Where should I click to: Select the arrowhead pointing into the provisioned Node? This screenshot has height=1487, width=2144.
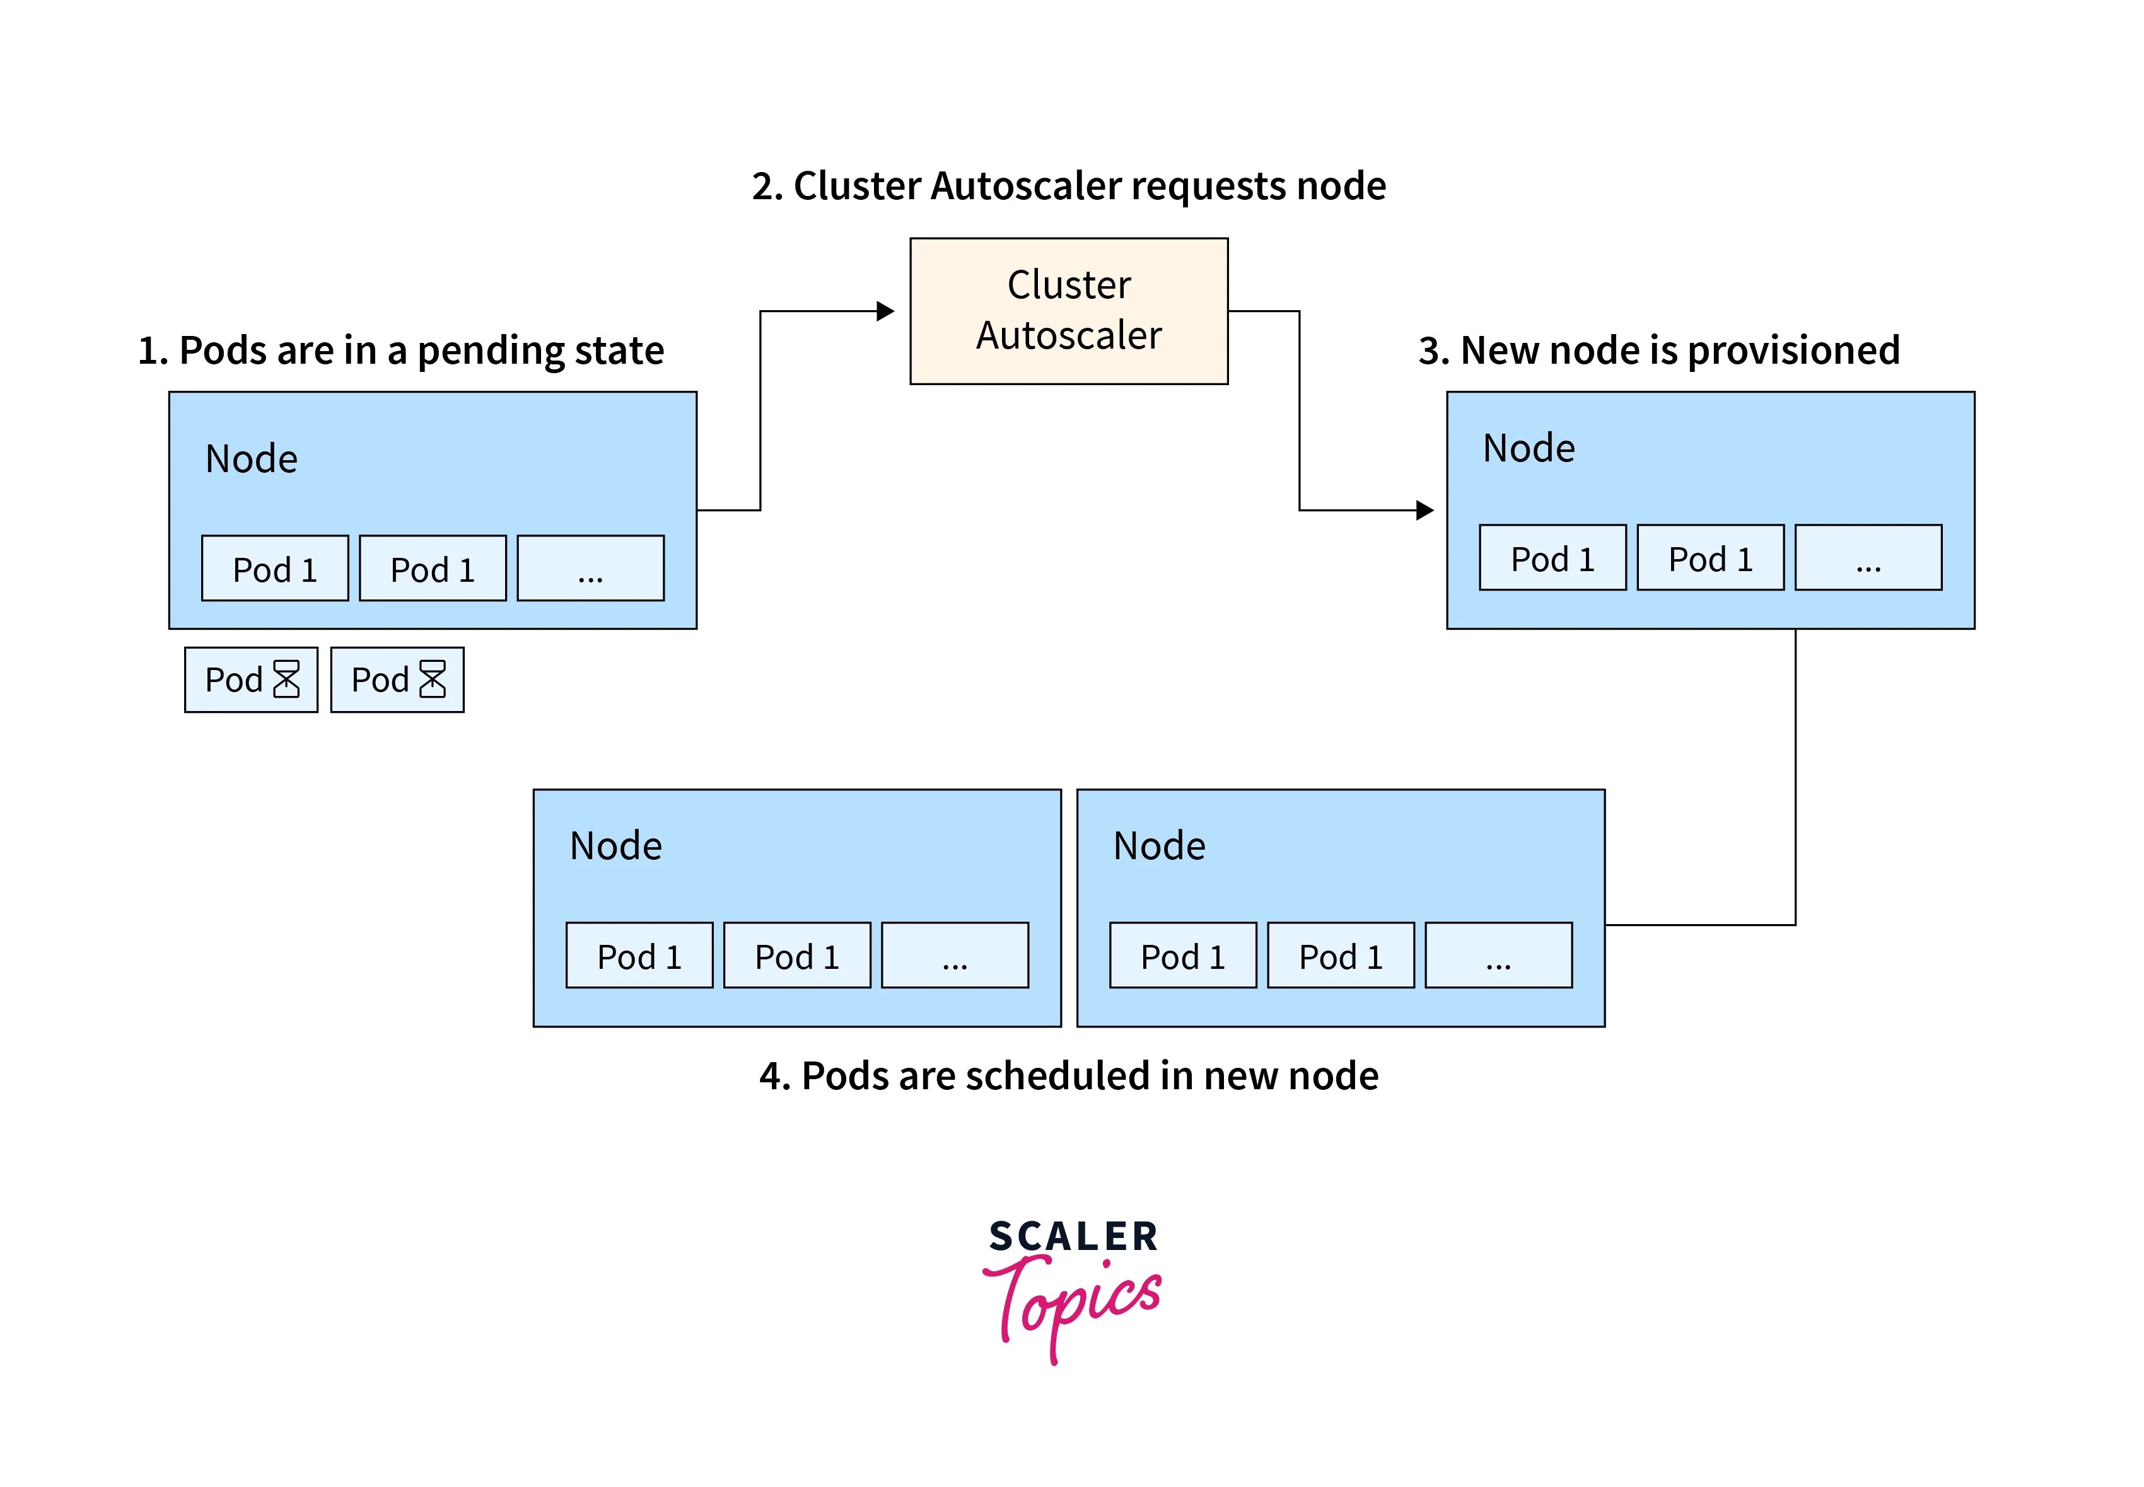[x=1424, y=510]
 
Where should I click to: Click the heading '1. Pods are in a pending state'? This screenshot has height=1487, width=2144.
[x=400, y=350]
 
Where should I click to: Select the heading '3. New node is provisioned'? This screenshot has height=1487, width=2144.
[x=1658, y=350]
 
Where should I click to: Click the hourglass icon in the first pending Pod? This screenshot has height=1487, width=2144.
[x=286, y=680]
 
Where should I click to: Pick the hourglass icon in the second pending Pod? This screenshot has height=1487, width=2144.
[x=433, y=680]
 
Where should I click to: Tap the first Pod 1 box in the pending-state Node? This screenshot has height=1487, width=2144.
[x=275, y=569]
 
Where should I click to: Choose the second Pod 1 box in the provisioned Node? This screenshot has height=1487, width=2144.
[x=1710, y=558]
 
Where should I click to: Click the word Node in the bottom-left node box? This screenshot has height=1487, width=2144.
[x=616, y=846]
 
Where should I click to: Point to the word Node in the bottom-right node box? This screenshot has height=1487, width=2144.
[x=1159, y=846]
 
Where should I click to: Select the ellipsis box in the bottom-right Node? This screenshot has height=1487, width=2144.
[x=1498, y=955]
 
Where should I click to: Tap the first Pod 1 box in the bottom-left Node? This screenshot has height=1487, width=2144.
[x=639, y=955]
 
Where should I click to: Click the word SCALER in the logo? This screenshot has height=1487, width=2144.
[x=1073, y=1236]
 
